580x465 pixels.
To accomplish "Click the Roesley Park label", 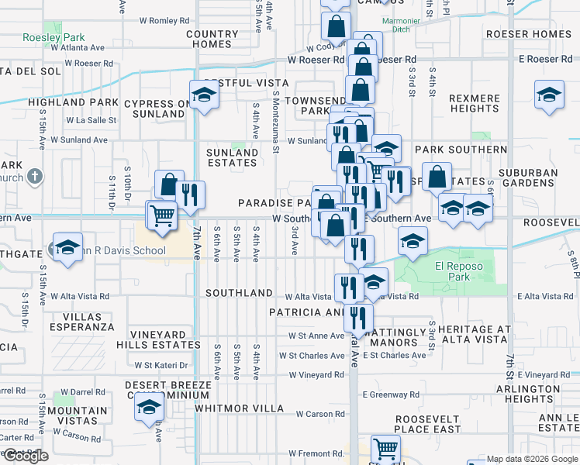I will point(53,37).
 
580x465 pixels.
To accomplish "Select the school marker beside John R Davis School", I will point(68,248).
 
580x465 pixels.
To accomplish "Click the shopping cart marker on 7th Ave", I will point(162,215).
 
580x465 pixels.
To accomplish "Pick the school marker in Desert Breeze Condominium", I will point(149,406).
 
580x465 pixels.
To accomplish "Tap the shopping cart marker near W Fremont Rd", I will point(385,448).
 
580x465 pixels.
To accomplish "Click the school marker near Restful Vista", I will point(205,95).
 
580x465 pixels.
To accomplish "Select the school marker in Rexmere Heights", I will point(549,95).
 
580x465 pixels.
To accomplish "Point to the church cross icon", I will point(33,177).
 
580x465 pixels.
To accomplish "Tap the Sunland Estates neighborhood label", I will point(232,158).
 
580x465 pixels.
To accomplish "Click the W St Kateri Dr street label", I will point(161,365).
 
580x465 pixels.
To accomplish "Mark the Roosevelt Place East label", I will point(427,424).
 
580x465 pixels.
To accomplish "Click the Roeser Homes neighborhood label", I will point(527,34).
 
